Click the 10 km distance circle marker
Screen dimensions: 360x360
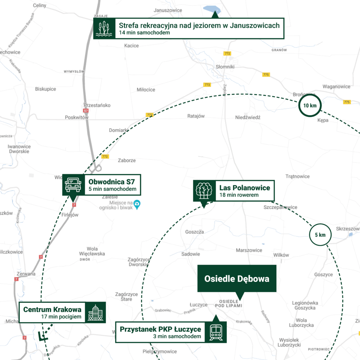point(310,105)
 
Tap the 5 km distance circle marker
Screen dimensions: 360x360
point(320,234)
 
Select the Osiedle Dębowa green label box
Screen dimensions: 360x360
point(237,278)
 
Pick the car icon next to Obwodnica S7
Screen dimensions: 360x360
point(73,184)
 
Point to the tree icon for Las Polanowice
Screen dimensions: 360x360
point(203,191)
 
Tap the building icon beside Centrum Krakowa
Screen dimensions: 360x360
point(96,312)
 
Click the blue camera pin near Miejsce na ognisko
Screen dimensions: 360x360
point(137,204)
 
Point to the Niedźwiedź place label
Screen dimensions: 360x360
point(247,117)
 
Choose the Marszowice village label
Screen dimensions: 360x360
point(249,250)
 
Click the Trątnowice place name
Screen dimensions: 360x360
point(297,176)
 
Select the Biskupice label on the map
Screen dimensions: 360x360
point(45,89)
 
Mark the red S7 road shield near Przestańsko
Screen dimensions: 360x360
point(86,110)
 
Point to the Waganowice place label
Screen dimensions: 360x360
point(336,86)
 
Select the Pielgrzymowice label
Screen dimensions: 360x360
point(160,351)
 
